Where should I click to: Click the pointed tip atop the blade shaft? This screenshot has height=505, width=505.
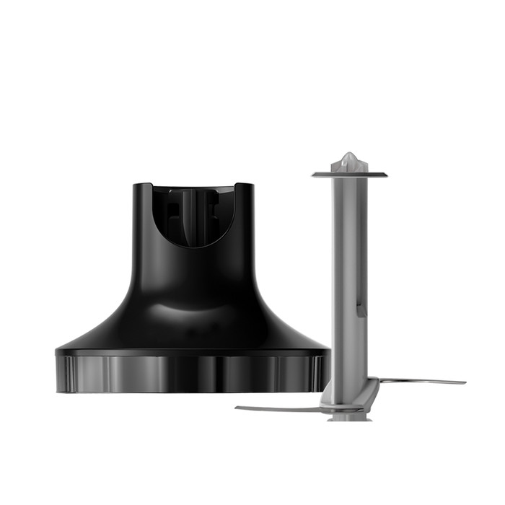349,158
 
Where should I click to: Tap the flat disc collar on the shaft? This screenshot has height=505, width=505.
349,174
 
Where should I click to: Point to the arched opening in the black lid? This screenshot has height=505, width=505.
193,216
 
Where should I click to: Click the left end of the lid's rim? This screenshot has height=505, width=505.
58,372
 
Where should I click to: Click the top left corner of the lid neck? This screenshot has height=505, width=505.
136,185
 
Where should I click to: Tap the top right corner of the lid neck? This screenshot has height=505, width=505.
252,185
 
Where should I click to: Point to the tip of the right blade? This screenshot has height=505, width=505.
463,382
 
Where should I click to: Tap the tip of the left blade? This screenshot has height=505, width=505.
237,408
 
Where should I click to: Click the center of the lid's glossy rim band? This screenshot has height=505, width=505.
193,374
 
